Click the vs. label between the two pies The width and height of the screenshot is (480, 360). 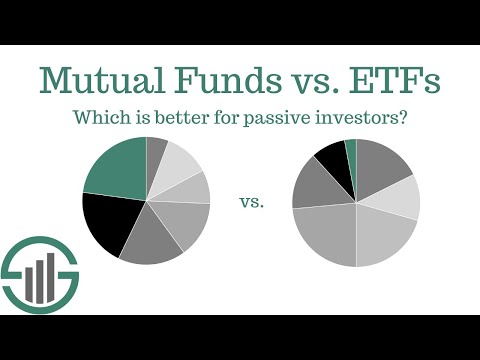pos(252,203)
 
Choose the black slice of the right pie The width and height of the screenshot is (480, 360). pos(331,162)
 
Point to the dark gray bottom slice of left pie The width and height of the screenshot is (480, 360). pos(152,240)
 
